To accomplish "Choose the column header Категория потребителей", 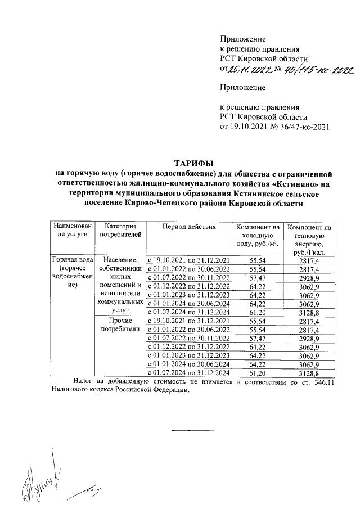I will [x=120, y=230].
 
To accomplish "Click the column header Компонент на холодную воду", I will [x=257, y=235].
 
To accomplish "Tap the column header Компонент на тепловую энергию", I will [x=309, y=238].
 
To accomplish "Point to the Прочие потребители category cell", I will [x=120, y=325].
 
